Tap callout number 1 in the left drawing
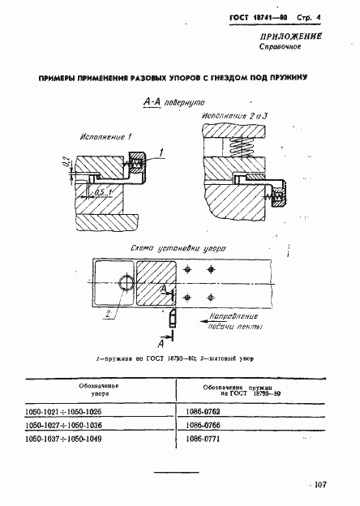pos(161,152)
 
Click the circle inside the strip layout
pos(126,282)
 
